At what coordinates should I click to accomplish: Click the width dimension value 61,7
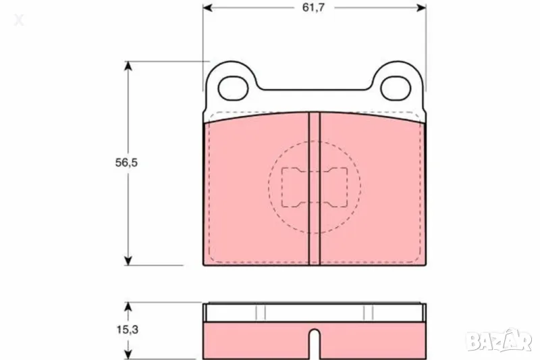314,8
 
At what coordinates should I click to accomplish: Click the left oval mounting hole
234,87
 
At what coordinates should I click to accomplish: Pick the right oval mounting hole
394,87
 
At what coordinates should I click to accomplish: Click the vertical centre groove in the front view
314,189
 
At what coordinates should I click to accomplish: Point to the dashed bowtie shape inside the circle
314,187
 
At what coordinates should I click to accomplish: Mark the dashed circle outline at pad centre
270,187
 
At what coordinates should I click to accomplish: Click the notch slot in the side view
314,342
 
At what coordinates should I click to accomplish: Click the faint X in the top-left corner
19,20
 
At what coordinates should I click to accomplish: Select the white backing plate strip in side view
314,311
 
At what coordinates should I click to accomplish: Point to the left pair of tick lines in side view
261,311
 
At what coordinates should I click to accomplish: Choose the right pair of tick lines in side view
368,311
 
